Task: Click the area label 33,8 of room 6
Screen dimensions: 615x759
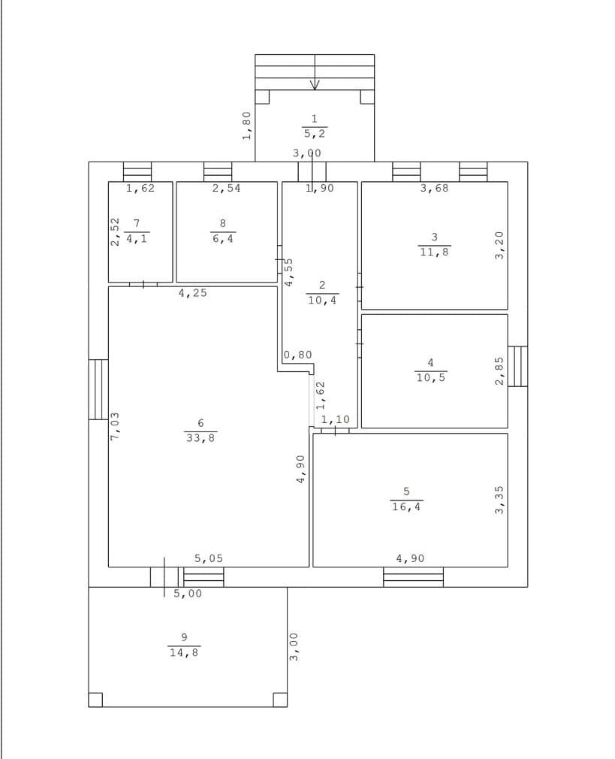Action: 200,438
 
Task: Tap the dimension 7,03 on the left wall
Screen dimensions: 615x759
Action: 115,426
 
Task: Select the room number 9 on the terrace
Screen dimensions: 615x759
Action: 184,637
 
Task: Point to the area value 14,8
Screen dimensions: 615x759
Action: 184,652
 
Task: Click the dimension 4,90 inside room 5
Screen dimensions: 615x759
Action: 410,558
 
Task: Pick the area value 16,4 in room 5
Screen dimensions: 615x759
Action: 406,507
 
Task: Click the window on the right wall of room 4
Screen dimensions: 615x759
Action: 517,366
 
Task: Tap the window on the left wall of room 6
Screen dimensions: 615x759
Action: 98,389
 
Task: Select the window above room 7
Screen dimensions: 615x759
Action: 137,172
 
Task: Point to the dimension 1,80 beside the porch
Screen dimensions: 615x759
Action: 247,125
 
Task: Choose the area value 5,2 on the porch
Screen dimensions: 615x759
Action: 315,134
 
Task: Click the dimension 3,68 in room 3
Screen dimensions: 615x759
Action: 434,189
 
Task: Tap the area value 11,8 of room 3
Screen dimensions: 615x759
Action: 435,252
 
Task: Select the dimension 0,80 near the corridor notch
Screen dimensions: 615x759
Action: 297,355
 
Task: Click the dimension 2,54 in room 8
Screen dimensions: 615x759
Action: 227,189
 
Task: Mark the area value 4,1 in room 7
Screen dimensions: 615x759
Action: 137,239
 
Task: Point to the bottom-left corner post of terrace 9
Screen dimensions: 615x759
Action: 95,700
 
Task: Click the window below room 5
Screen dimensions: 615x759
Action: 413,577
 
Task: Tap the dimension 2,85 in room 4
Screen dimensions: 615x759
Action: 499,371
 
